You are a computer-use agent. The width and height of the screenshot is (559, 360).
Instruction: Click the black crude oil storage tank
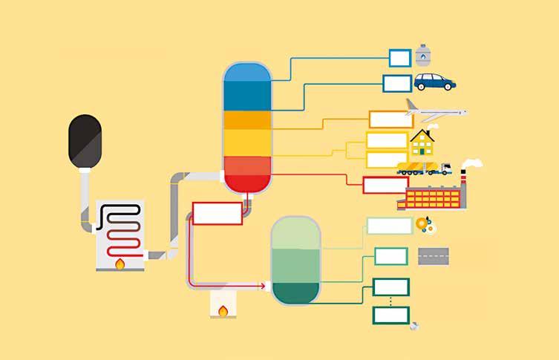click(x=85, y=140)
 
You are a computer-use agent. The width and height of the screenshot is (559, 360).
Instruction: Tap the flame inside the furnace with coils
click(x=120, y=263)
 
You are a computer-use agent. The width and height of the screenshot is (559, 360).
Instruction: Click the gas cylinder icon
click(x=423, y=54)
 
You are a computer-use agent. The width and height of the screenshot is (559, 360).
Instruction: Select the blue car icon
click(x=434, y=82)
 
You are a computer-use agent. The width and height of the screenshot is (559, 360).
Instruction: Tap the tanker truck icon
click(x=423, y=168)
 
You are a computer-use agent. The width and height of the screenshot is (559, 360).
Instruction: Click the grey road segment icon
click(x=433, y=257)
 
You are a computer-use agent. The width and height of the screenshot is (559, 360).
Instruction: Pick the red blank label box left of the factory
click(x=385, y=185)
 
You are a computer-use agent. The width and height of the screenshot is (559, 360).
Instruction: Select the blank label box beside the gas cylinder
click(x=399, y=57)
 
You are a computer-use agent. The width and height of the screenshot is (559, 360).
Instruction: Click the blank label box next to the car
click(x=397, y=83)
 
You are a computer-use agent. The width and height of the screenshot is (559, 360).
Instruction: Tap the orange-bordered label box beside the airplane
click(x=387, y=119)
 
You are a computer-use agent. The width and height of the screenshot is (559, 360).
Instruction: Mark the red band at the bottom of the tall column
click(x=248, y=180)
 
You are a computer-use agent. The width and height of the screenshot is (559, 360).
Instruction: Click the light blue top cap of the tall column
click(x=248, y=71)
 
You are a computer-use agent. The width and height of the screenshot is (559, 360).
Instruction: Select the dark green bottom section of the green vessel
click(x=295, y=293)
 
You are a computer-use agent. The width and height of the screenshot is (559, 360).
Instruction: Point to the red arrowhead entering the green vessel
click(x=262, y=284)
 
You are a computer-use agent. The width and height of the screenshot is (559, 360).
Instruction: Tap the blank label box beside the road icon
click(x=390, y=256)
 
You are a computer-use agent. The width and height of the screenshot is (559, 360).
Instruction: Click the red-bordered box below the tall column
click(x=217, y=213)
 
